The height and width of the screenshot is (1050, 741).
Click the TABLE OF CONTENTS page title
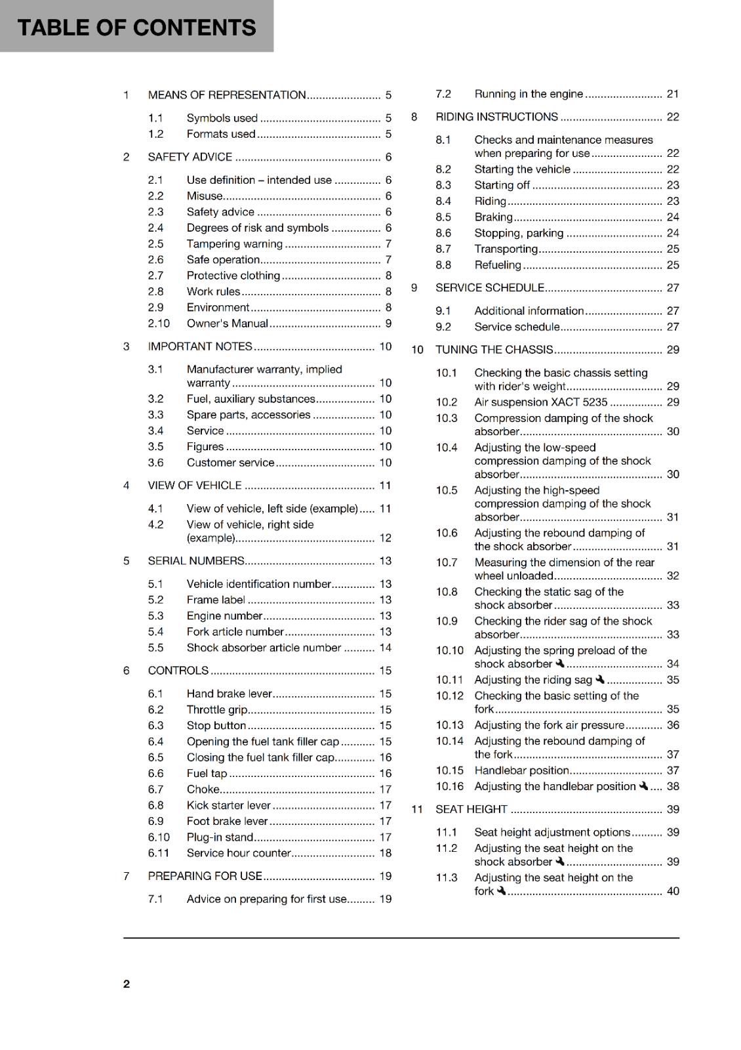coord(136,28)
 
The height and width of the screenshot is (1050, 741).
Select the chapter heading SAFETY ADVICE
coord(190,157)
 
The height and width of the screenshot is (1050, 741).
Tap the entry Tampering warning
coord(234,244)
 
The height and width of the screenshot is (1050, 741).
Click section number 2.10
coord(159,324)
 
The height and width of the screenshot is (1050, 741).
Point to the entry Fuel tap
coord(207,774)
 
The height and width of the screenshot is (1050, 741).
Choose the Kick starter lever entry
coord(228,805)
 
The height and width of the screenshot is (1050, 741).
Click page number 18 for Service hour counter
coord(385,853)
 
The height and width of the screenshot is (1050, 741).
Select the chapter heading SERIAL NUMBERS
coord(195,561)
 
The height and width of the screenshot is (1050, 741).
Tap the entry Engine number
coord(224,616)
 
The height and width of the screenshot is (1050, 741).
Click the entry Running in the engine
coord(529,94)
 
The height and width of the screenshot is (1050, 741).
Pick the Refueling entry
coord(498,265)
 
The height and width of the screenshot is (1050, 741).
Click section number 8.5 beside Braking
coord(443,217)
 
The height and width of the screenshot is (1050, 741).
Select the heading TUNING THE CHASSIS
coord(494,350)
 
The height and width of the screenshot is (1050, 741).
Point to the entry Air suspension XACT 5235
coord(541,402)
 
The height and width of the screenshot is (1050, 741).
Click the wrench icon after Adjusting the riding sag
coord(600,679)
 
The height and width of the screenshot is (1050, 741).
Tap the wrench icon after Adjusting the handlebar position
coord(643,786)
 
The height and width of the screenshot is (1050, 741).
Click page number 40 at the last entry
coord(673,891)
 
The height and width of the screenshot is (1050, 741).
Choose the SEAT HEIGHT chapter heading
coord(471,809)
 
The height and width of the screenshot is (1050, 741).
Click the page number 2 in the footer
coord(127,984)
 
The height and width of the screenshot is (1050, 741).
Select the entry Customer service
coord(230,463)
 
